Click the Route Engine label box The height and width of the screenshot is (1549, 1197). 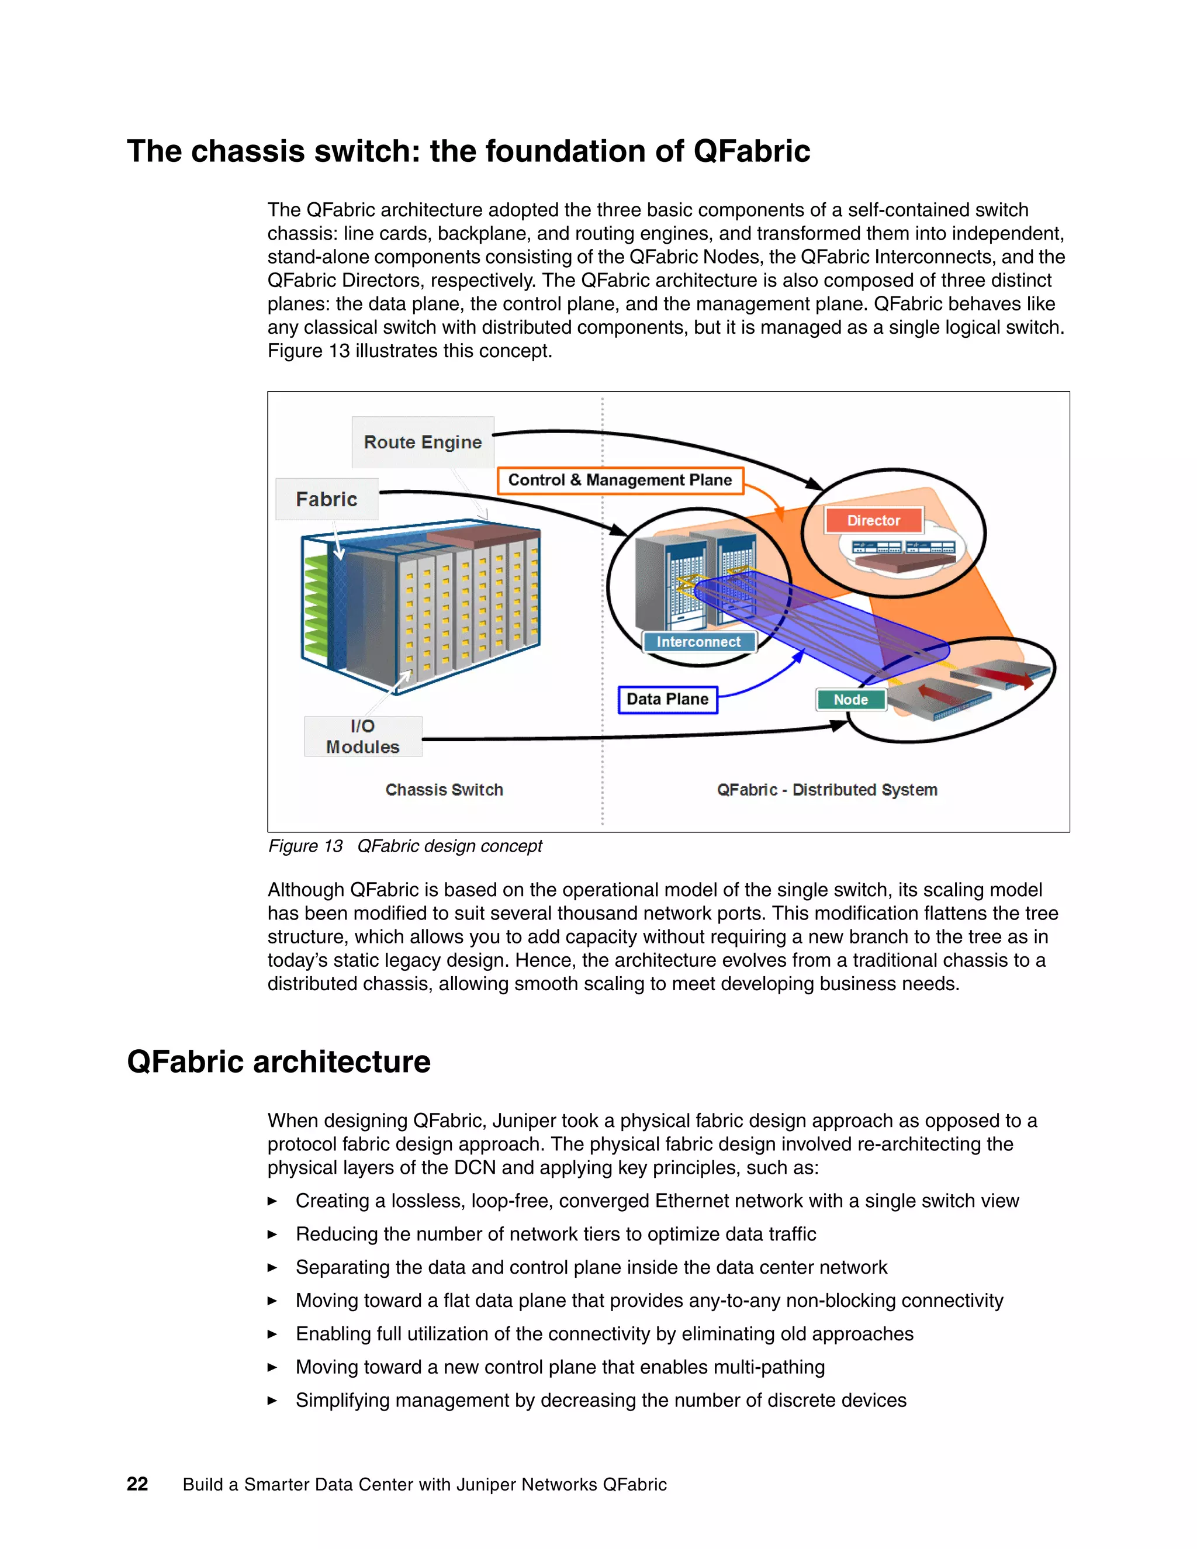point(423,442)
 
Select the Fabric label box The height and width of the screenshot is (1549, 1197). point(326,499)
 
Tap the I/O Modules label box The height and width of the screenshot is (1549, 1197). point(363,736)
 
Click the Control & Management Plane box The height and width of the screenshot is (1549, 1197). point(620,480)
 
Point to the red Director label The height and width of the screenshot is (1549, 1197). point(874,521)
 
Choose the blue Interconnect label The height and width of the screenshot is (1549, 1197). point(698,642)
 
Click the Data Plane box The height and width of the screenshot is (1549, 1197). point(667,699)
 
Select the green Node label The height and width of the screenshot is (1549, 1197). point(850,699)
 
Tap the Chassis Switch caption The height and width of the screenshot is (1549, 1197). point(444,789)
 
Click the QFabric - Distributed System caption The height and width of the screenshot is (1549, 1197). point(827,789)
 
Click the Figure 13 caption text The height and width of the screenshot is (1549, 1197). point(405,846)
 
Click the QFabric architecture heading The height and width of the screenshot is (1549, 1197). point(279,1062)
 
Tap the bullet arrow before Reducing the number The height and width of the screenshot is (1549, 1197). point(272,1235)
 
